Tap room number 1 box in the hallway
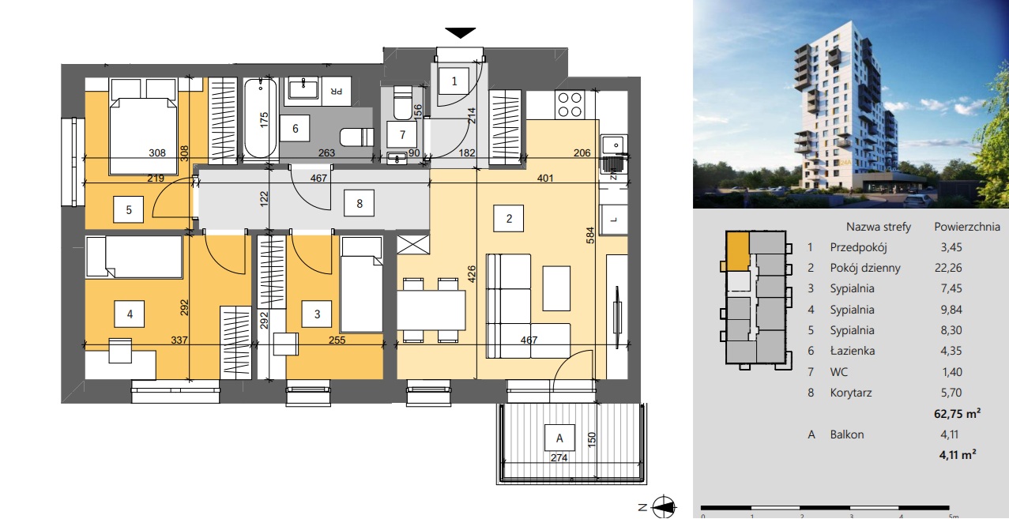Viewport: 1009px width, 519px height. click(x=454, y=81)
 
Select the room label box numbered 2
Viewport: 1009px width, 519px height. click(x=509, y=219)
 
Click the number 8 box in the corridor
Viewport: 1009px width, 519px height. click(x=359, y=204)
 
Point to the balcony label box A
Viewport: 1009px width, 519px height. click(x=559, y=438)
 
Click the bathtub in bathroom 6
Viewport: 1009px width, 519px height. click(x=261, y=118)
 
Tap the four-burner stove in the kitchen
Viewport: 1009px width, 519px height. click(x=570, y=104)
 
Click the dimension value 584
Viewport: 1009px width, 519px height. click(x=590, y=235)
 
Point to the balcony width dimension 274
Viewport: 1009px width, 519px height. click(x=559, y=457)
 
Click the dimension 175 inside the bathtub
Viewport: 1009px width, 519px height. click(x=264, y=120)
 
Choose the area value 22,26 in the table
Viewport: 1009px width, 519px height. click(x=948, y=268)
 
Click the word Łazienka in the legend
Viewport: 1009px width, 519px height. click(x=853, y=351)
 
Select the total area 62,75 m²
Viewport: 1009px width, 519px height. click(x=957, y=413)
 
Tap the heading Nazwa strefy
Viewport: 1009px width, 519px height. click(x=879, y=227)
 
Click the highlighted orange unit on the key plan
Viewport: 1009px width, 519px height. click(x=737, y=251)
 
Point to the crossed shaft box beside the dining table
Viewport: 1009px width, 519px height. click(x=413, y=245)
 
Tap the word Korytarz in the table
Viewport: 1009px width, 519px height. click(x=851, y=393)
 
